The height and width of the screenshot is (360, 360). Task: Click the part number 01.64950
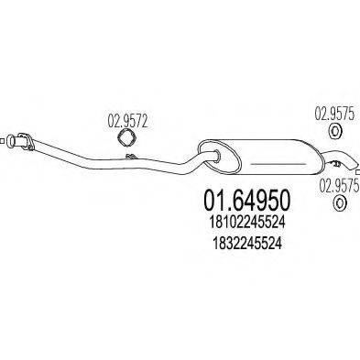pos(246,202)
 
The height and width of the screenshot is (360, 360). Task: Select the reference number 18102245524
pos(246,223)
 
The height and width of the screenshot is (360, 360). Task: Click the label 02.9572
pos(127,122)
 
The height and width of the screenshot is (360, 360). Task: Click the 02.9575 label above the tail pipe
pos(334,115)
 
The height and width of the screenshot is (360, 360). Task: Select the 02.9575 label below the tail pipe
pos(339,186)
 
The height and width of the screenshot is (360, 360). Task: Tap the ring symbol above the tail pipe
pos(335,132)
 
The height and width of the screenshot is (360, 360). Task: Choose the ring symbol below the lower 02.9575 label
pos(339,202)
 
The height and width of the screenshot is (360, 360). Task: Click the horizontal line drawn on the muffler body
pos(278,164)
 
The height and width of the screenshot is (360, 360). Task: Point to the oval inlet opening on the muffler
pos(216,155)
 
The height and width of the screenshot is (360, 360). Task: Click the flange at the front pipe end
pos(27,141)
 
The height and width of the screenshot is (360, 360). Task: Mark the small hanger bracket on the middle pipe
pos(132,157)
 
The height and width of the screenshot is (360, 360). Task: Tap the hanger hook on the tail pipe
pos(335,164)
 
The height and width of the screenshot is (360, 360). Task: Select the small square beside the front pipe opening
pos(2,141)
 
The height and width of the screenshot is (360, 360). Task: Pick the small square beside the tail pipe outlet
pos(358,172)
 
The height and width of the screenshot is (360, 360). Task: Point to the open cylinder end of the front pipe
pos(12,141)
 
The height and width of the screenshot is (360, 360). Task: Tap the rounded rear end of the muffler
pos(318,158)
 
